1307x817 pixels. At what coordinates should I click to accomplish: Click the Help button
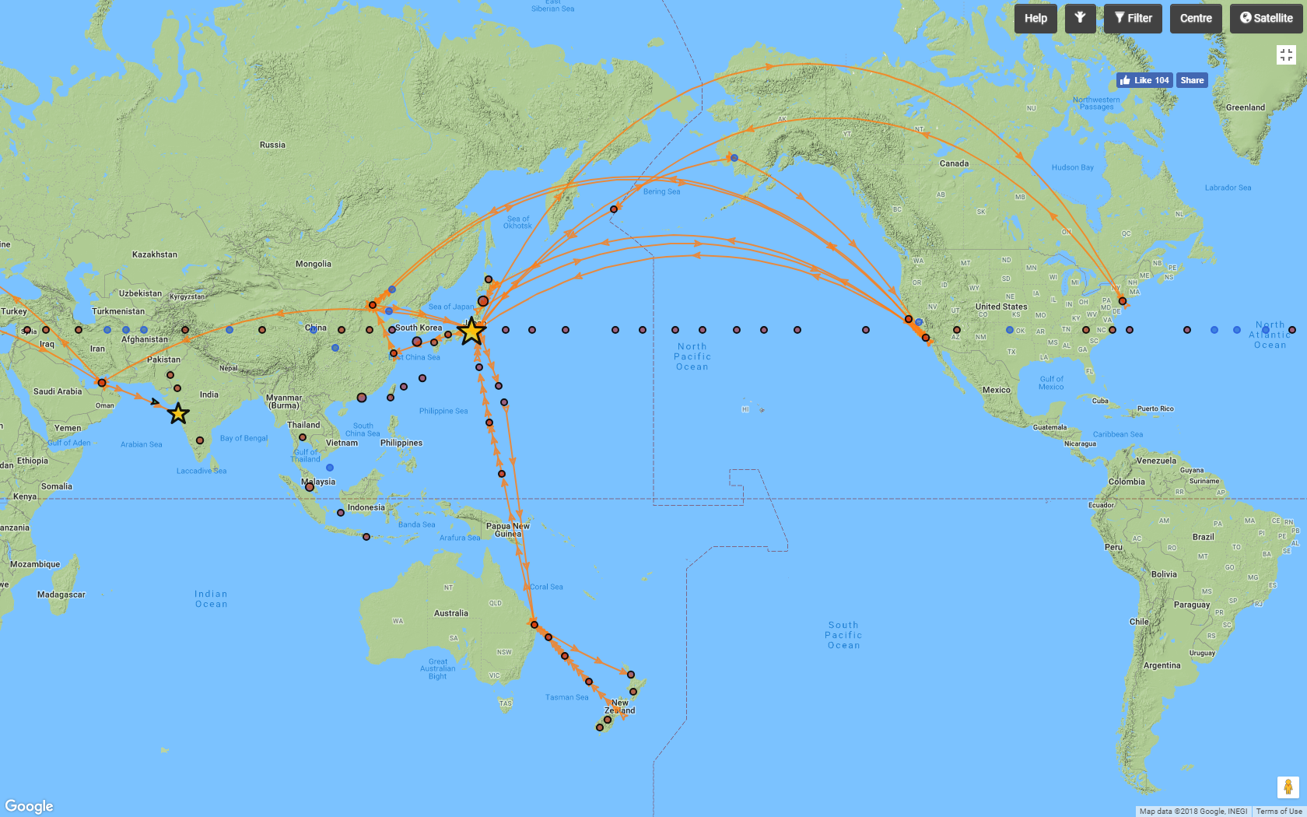[1035, 19]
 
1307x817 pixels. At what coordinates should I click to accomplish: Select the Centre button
[1196, 19]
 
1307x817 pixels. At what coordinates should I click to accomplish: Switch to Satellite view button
[1266, 19]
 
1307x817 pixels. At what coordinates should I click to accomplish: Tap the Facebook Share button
[1192, 80]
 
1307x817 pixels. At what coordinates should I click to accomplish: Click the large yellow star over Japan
[471, 331]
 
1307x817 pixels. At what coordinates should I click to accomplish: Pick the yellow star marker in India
[178, 413]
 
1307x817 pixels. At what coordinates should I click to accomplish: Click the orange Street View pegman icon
[1288, 787]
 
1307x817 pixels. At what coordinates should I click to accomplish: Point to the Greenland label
[1245, 107]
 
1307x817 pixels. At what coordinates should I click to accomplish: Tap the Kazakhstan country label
[154, 254]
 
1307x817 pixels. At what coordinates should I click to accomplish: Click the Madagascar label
[61, 594]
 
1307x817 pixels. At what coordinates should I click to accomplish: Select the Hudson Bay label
[1072, 167]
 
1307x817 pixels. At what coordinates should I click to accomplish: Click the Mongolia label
[313, 264]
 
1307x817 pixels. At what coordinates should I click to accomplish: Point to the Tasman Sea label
[566, 697]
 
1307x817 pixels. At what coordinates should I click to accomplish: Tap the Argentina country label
[1162, 665]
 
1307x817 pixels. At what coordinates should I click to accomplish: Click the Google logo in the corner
[30, 806]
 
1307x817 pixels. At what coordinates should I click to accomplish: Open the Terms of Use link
[1278, 812]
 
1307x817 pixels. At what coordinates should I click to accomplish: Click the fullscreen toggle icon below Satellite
[1286, 54]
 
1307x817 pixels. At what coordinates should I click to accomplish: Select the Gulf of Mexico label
[1051, 383]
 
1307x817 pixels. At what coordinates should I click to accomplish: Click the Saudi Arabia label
[58, 391]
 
